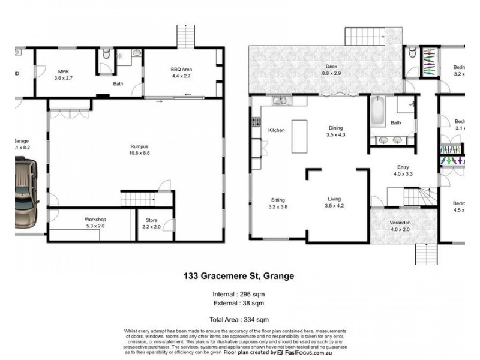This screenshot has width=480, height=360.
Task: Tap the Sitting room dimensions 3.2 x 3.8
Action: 278,206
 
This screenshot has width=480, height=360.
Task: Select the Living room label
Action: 334,199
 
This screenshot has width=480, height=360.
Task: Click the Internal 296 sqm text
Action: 239,294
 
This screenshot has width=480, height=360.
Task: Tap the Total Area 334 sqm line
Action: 239,319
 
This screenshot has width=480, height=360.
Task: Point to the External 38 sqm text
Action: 239,303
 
